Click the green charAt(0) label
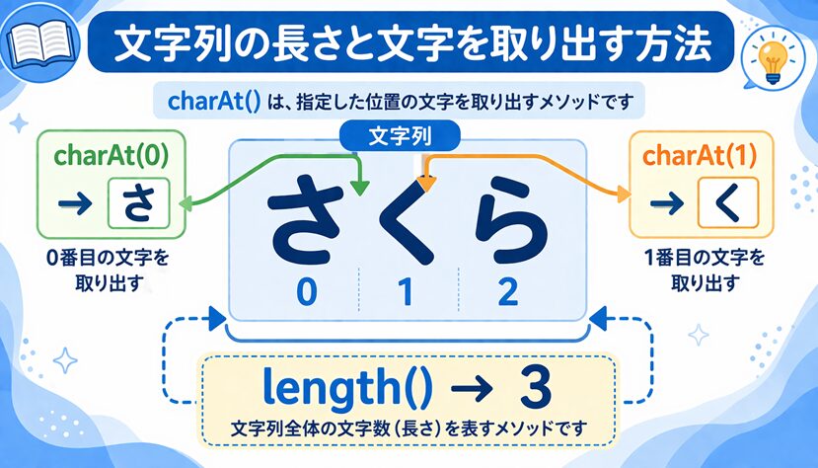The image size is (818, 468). click(x=112, y=155)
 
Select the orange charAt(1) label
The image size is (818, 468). click(x=700, y=155)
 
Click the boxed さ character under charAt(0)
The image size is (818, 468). click(x=139, y=203)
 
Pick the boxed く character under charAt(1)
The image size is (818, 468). click(x=728, y=203)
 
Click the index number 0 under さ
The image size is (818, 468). click(x=307, y=291)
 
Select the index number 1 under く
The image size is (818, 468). click(x=406, y=291)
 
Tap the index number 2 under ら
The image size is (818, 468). click(x=507, y=291)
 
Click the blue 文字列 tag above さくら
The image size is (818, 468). click(x=400, y=136)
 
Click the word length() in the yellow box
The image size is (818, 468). click(x=348, y=388)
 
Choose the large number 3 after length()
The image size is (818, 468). click(x=536, y=387)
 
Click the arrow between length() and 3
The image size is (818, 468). click(x=472, y=388)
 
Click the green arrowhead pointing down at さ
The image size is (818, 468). click(x=359, y=188)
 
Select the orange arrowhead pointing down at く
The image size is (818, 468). click(x=426, y=185)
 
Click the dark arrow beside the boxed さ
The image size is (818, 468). click(x=76, y=204)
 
